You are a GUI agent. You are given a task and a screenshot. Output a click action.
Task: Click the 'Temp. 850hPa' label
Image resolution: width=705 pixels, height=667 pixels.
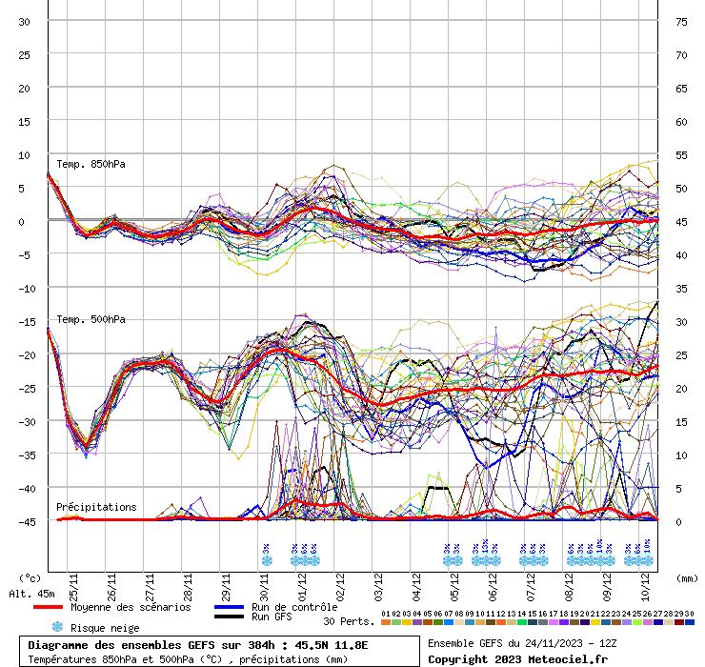[x=91, y=164]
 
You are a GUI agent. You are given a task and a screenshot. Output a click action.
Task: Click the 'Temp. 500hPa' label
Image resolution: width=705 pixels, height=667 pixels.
[x=91, y=319]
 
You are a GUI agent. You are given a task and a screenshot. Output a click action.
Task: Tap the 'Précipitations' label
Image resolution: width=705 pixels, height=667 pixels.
[x=96, y=507]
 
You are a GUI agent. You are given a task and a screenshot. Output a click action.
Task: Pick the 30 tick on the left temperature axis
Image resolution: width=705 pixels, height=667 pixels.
[x=25, y=21]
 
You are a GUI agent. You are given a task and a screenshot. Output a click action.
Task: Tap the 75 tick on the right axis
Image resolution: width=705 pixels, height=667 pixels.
[x=681, y=21]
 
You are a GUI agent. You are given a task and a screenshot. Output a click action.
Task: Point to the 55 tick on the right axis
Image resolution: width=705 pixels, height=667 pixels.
[x=681, y=154]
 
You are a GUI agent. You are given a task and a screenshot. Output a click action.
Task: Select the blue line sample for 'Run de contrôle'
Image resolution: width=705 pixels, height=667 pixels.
[x=230, y=607]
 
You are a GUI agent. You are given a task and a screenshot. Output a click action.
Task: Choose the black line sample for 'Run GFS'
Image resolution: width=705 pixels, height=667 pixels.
[x=230, y=617]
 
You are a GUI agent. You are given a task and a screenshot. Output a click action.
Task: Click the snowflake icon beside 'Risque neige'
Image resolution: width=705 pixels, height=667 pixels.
[x=57, y=627]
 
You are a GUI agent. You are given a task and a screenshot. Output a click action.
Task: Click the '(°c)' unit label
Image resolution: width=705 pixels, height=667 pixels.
[x=30, y=578]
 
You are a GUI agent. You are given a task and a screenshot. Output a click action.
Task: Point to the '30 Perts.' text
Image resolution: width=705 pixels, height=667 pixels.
[x=348, y=621]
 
